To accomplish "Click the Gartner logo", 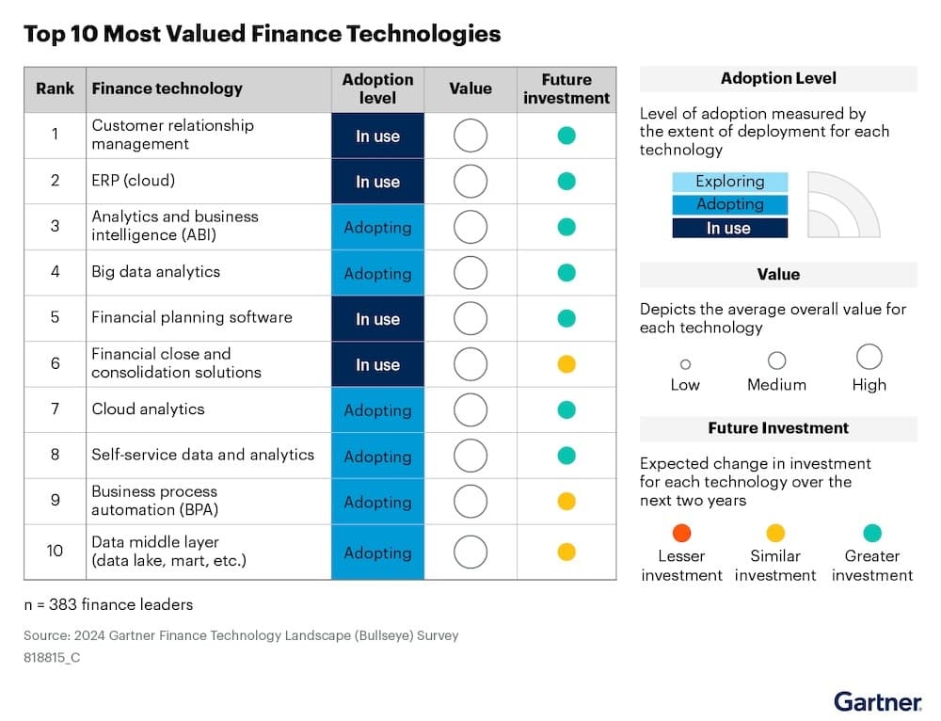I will [877, 701].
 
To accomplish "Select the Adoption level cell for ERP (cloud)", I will [377, 182].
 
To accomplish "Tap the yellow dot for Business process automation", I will [566, 502].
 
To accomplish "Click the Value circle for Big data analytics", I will [470, 273].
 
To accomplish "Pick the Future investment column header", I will [566, 88].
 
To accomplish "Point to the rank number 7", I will [55, 409].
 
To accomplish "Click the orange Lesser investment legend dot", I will [682, 534].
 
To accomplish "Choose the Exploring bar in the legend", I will [730, 182].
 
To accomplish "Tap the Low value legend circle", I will [685, 364].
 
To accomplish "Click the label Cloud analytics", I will [148, 409].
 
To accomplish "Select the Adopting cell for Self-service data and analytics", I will [377, 456].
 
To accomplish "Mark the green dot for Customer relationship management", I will [566, 136].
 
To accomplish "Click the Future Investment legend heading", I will [778, 428].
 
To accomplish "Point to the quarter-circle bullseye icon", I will [843, 204].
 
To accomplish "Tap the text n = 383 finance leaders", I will [108, 603].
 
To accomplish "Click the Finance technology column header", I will [167, 88].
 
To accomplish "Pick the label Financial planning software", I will [192, 317].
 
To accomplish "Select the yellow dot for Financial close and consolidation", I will [566, 364].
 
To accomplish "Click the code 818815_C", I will [52, 657].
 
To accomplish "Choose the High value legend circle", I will [869, 357].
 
